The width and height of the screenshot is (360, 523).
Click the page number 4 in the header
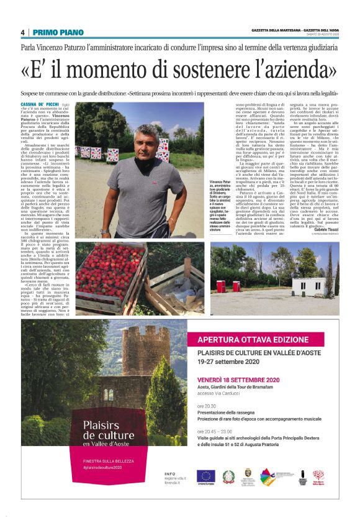[23, 32]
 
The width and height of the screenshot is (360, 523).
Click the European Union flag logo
[205, 477]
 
